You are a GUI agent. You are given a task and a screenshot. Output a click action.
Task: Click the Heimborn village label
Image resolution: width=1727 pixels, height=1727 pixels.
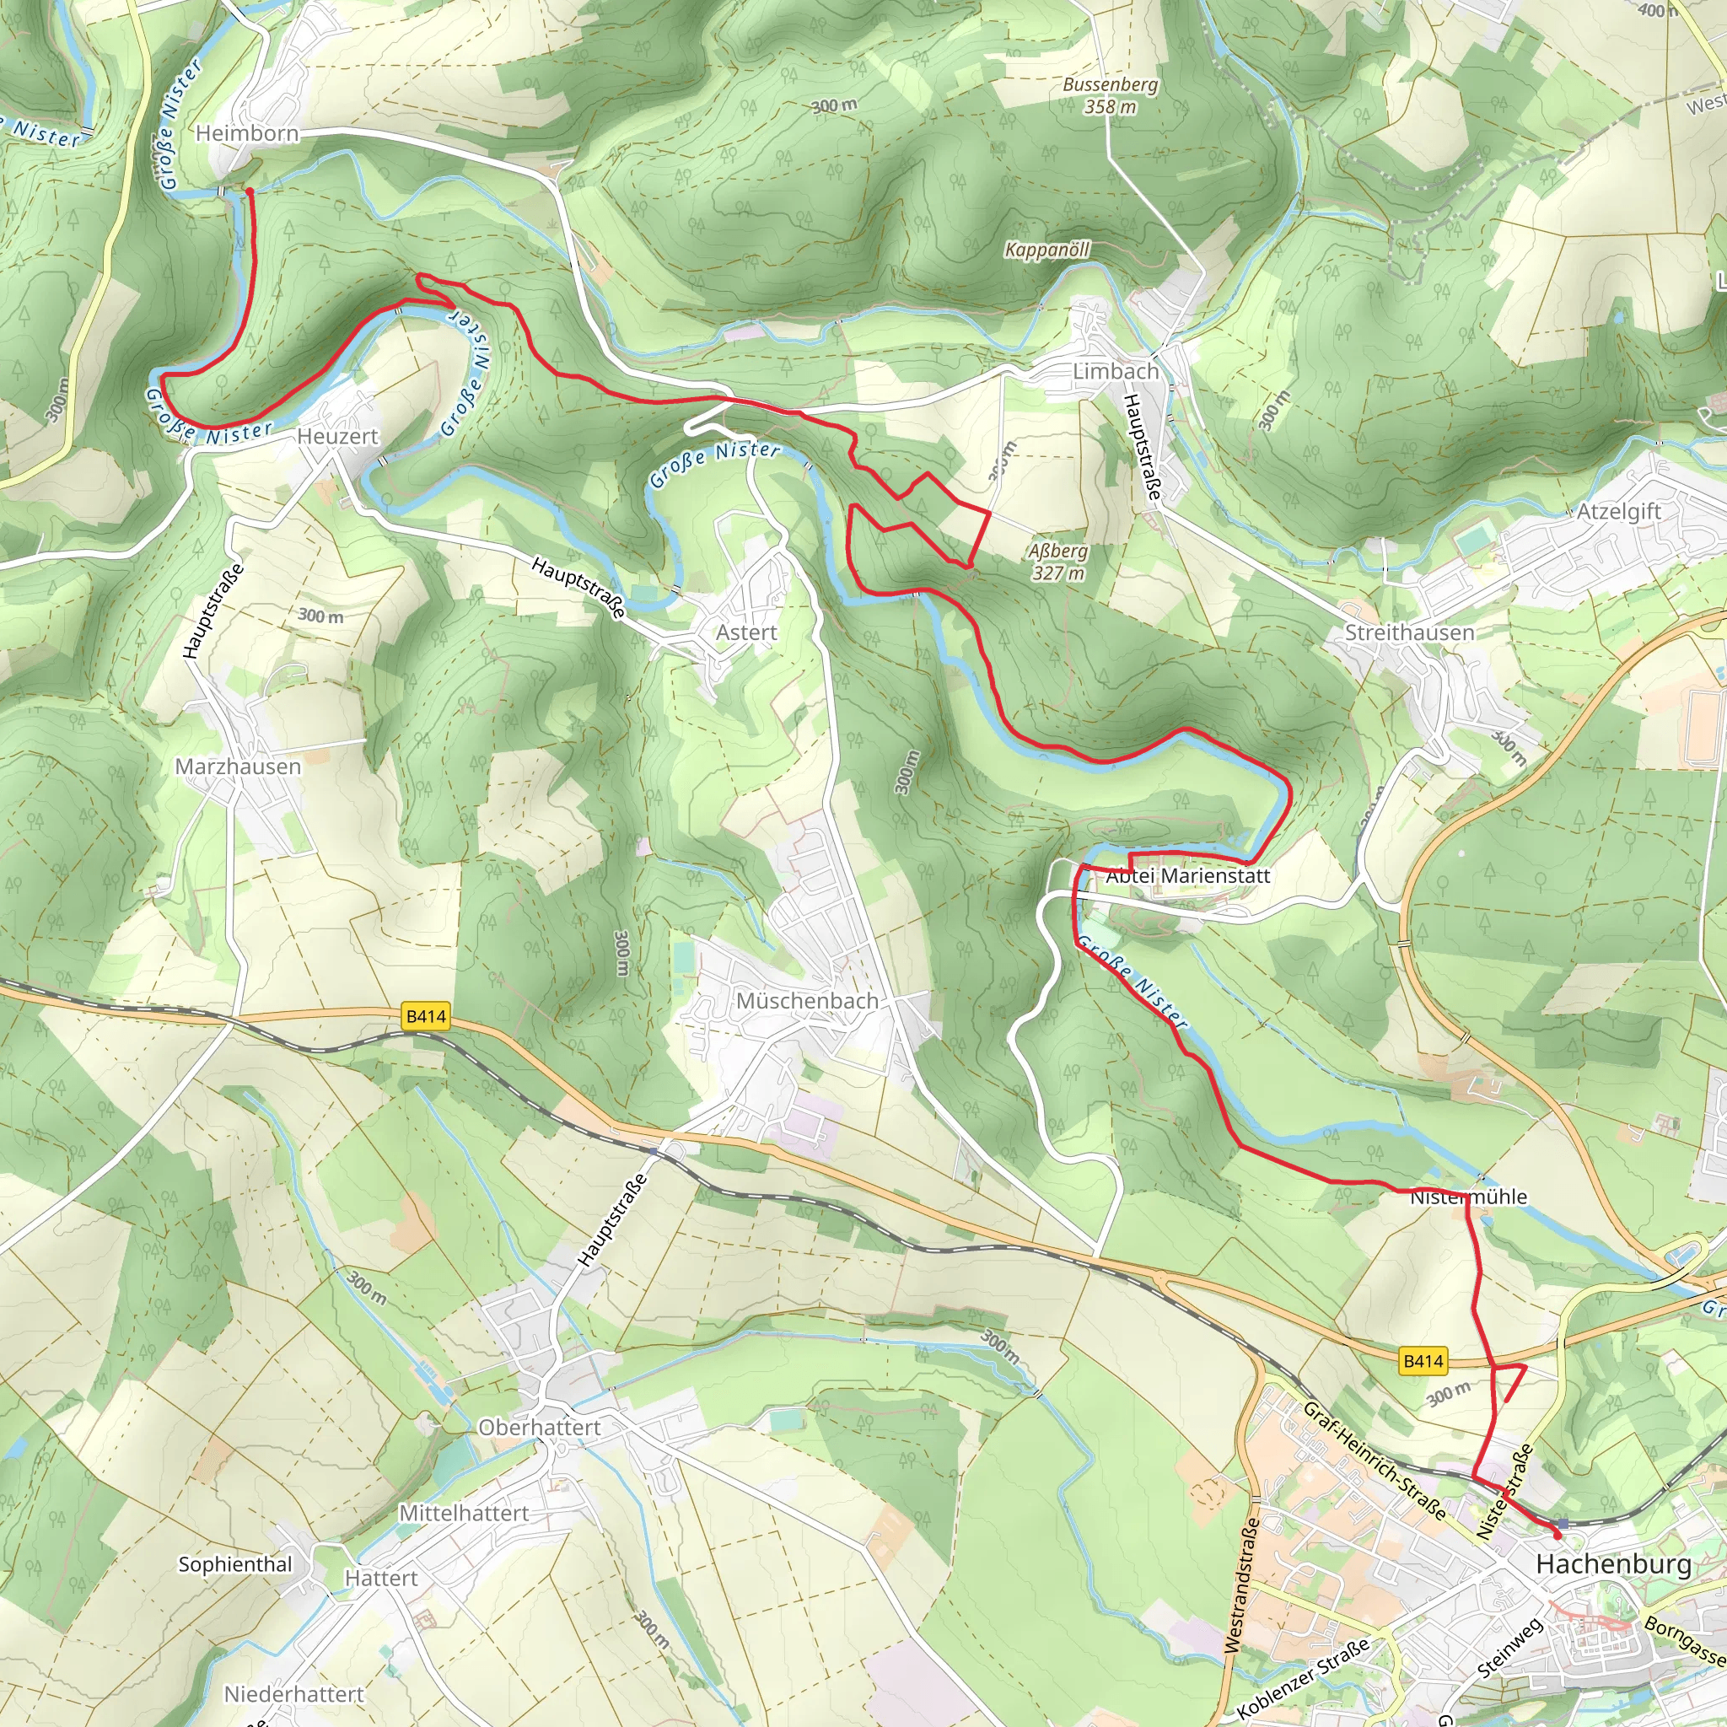[247, 134]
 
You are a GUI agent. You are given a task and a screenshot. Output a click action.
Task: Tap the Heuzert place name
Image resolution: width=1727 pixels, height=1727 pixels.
[338, 436]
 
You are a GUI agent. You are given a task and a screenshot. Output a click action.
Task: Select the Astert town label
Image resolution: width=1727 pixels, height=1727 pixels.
[746, 632]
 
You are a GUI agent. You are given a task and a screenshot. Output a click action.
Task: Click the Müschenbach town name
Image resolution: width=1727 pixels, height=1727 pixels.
[807, 1000]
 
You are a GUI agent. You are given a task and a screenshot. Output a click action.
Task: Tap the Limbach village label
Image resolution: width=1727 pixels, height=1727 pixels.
[1116, 371]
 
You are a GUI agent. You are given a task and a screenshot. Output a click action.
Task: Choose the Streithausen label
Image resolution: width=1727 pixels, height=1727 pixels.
[1410, 632]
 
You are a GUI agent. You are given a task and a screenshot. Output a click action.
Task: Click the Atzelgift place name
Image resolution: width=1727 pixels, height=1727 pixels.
[1619, 511]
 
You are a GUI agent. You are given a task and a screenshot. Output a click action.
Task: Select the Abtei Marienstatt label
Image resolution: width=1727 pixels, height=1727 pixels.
[1188, 876]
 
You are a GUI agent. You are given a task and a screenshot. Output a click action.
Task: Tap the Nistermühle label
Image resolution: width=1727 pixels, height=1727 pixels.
[1469, 1196]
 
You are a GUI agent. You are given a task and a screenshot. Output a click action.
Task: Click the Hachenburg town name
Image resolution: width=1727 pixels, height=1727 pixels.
[1613, 1563]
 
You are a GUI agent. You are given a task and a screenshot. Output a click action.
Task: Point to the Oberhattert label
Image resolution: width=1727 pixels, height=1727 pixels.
[539, 1427]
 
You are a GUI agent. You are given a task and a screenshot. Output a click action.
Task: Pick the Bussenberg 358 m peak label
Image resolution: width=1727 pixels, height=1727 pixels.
[1111, 95]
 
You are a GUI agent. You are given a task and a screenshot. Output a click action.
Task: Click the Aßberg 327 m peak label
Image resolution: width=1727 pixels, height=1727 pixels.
[1058, 562]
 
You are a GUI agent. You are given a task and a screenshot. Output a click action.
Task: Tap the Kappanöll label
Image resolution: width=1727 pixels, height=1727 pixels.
[1046, 250]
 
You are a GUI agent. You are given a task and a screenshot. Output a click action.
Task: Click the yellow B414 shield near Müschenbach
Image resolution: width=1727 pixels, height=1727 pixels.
[426, 1016]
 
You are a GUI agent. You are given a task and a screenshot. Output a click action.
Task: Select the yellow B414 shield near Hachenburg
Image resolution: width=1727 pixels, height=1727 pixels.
[1423, 1360]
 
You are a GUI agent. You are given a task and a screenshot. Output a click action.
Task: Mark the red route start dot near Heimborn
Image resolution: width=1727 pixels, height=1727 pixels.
[250, 191]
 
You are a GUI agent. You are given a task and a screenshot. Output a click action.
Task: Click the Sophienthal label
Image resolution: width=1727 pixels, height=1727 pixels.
[235, 1563]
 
